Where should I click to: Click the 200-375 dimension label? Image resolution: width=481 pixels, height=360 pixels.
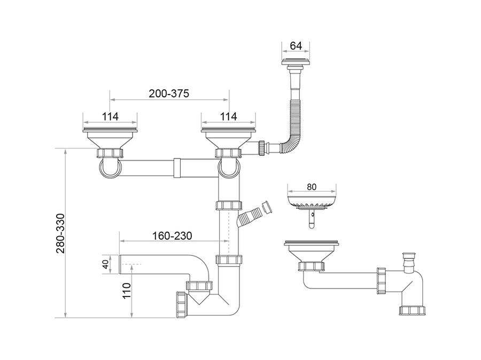[169, 93]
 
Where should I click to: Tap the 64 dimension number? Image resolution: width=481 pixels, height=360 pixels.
[296, 46]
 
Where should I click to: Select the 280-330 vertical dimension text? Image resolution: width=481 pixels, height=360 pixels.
[61, 233]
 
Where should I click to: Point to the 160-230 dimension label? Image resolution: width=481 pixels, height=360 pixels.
[173, 236]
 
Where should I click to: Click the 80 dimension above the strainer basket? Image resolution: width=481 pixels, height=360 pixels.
[312, 187]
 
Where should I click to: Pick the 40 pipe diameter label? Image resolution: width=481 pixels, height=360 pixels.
[105, 264]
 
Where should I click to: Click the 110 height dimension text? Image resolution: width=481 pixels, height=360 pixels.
[126, 291]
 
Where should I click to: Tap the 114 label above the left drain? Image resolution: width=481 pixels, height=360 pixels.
[110, 116]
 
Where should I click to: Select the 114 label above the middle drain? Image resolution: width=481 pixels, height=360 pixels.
[229, 116]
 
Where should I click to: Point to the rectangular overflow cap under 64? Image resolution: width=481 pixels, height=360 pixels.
[296, 61]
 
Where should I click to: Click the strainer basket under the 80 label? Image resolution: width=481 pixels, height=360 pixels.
[312, 201]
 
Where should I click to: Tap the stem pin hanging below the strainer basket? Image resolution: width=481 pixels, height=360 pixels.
[312, 218]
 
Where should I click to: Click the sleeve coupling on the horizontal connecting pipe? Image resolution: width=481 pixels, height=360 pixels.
[177, 168]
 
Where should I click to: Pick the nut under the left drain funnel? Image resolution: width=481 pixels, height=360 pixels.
[110, 153]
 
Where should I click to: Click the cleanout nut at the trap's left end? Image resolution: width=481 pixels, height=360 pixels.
[181, 304]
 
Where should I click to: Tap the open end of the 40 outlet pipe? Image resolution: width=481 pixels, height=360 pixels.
[119, 264]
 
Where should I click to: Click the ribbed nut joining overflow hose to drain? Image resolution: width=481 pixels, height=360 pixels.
[262, 148]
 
